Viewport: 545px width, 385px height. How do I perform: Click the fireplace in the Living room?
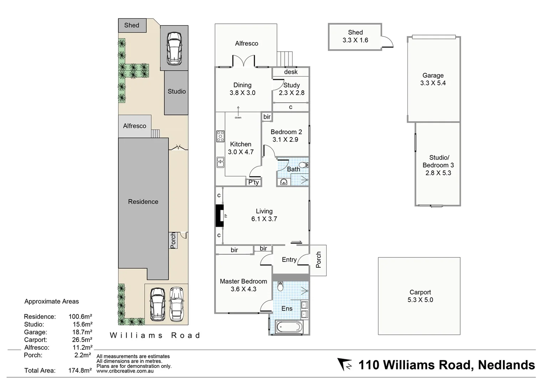tap(219, 215)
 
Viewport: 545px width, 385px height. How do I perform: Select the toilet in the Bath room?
tap(303, 165)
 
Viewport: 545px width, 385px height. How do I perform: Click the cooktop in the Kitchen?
tap(220, 136)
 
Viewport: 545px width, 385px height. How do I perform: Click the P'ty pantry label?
tap(253, 183)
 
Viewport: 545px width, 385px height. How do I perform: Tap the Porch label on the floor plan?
tap(318, 260)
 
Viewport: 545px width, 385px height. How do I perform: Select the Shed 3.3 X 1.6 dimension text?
tap(355, 40)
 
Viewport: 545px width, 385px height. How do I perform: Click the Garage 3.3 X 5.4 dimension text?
tap(433, 83)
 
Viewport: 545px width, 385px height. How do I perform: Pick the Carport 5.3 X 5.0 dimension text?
tap(420, 300)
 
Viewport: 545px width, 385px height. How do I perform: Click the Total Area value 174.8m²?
tap(80, 370)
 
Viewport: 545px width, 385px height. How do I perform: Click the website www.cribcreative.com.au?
tap(125, 371)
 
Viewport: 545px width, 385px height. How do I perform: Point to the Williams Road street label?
tap(155, 335)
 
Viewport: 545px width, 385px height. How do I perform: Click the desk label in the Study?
tap(291, 72)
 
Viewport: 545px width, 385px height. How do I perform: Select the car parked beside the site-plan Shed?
tap(174, 48)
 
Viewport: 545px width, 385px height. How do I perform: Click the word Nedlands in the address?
tap(506, 365)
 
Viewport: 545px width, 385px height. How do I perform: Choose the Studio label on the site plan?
tap(176, 92)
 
